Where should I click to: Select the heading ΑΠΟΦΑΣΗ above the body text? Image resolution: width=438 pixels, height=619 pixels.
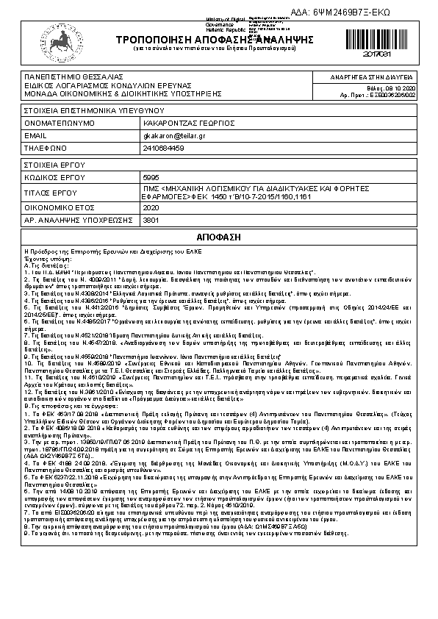coord(218,239)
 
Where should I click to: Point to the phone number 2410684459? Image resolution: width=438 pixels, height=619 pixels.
coord(163,148)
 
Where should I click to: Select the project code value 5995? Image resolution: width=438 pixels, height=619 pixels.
coord(150,178)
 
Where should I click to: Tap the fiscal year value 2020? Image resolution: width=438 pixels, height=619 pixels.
coord(150,207)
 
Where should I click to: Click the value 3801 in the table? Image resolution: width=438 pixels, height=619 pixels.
coord(150,219)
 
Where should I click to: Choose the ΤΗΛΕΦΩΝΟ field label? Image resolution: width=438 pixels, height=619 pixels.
coord(46,148)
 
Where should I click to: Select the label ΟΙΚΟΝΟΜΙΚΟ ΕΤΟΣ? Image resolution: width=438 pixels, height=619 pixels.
coord(59,207)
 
